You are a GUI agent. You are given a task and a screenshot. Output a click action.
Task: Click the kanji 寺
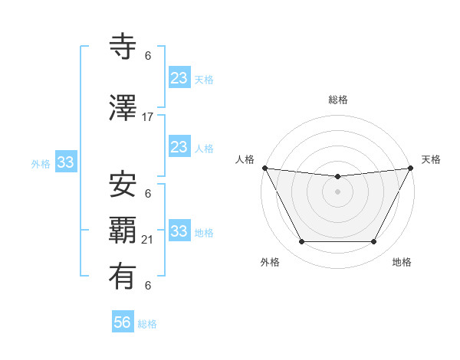pos(123,47)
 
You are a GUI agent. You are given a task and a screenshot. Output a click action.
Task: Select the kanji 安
pos(123,184)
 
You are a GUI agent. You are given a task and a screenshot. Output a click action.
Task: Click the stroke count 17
pos(148,117)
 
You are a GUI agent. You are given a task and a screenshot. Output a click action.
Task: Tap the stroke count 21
pos(148,241)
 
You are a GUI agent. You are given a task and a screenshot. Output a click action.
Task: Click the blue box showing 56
pos(123,322)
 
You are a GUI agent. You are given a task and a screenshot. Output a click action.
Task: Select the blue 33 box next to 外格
pos(65,162)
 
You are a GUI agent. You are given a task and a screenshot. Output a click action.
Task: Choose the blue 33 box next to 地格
pos(179,231)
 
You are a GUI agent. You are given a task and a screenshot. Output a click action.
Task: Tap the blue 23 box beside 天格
pos(179,78)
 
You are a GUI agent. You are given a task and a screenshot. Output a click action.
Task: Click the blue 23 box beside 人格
pos(179,147)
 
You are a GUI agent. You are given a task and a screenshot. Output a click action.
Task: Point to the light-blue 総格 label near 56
pos(147,324)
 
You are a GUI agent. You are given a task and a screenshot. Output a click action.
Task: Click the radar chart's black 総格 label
pos(338,100)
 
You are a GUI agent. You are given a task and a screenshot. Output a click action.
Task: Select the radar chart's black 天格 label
pos(431,159)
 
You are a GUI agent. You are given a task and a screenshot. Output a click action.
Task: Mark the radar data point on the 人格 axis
pos(264,168)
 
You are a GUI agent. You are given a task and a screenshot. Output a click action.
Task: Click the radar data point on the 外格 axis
pos(301,242)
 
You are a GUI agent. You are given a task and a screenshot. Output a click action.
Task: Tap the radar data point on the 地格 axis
pos(374,242)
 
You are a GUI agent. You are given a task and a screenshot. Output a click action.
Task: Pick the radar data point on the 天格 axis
pos(411,168)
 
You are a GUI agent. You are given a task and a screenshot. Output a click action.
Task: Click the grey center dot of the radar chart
pos(337,191)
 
